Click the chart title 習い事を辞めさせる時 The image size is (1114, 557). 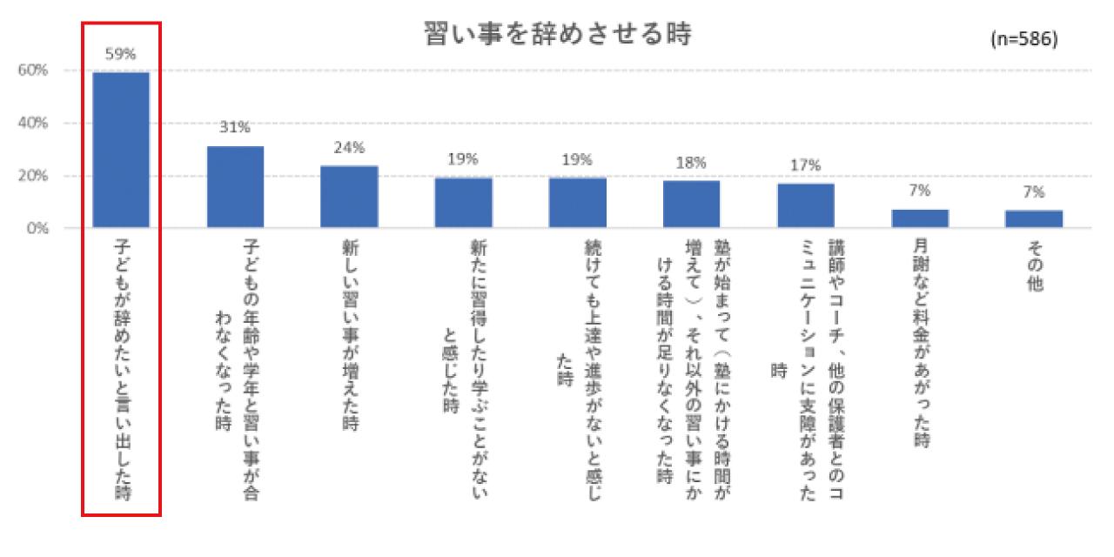pyautogui.click(x=557, y=36)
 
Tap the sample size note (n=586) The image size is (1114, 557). pyautogui.click(x=1023, y=40)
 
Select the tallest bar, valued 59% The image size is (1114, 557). pyautogui.click(x=121, y=150)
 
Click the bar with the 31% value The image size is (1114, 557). pyautogui.click(x=235, y=187)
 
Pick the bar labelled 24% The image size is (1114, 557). pyautogui.click(x=349, y=197)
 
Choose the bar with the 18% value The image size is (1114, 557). pyautogui.click(x=691, y=205)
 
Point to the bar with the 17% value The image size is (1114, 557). pyautogui.click(x=805, y=205)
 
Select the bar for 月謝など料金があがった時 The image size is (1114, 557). pyautogui.click(x=920, y=218)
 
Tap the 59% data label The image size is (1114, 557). pyautogui.click(x=121, y=55)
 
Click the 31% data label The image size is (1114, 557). pyautogui.click(x=235, y=128)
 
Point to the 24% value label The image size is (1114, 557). pyautogui.click(x=349, y=147)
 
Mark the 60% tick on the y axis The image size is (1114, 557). pyautogui.click(x=34, y=70)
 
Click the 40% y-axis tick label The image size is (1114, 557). pyautogui.click(x=34, y=124)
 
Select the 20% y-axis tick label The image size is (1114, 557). pyautogui.click(x=34, y=176)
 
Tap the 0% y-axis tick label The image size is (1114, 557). pyautogui.click(x=37, y=229)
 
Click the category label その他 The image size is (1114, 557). pyautogui.click(x=1034, y=273)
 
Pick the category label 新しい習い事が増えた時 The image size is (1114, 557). pyautogui.click(x=349, y=336)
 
